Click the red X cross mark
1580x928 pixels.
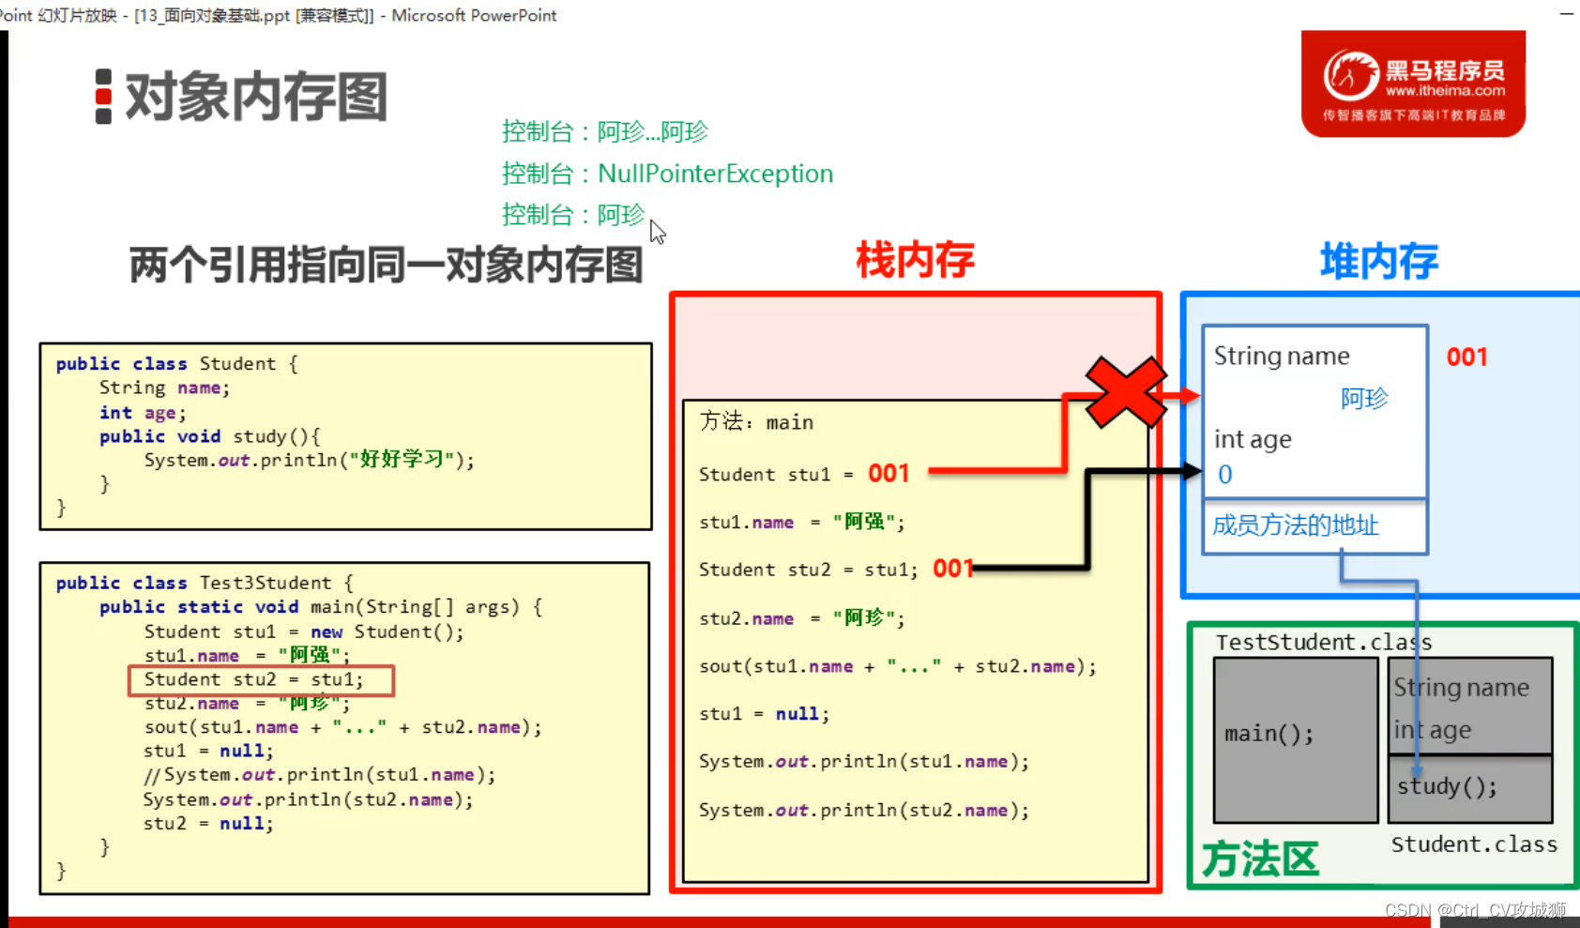[1126, 391]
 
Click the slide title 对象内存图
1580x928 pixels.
[255, 97]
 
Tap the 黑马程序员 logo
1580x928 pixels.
[1413, 84]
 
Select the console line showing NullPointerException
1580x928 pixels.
[667, 174]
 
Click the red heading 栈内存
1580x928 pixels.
[915, 260]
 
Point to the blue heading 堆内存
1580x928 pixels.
[1378, 261]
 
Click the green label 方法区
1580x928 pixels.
[1260, 859]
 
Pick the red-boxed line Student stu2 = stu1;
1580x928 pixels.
[261, 680]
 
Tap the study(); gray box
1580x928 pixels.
[1469, 788]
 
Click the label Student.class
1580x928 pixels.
[1473, 844]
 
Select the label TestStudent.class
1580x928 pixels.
[1323, 643]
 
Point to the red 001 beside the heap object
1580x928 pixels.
[1466, 358]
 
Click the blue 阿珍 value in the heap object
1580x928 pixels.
[1363, 399]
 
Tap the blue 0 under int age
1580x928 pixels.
[1224, 475]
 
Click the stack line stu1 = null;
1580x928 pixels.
[764, 714]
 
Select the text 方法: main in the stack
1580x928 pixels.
[756, 422]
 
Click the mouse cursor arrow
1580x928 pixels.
[657, 231]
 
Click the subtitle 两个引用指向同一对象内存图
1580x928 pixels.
[386, 266]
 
